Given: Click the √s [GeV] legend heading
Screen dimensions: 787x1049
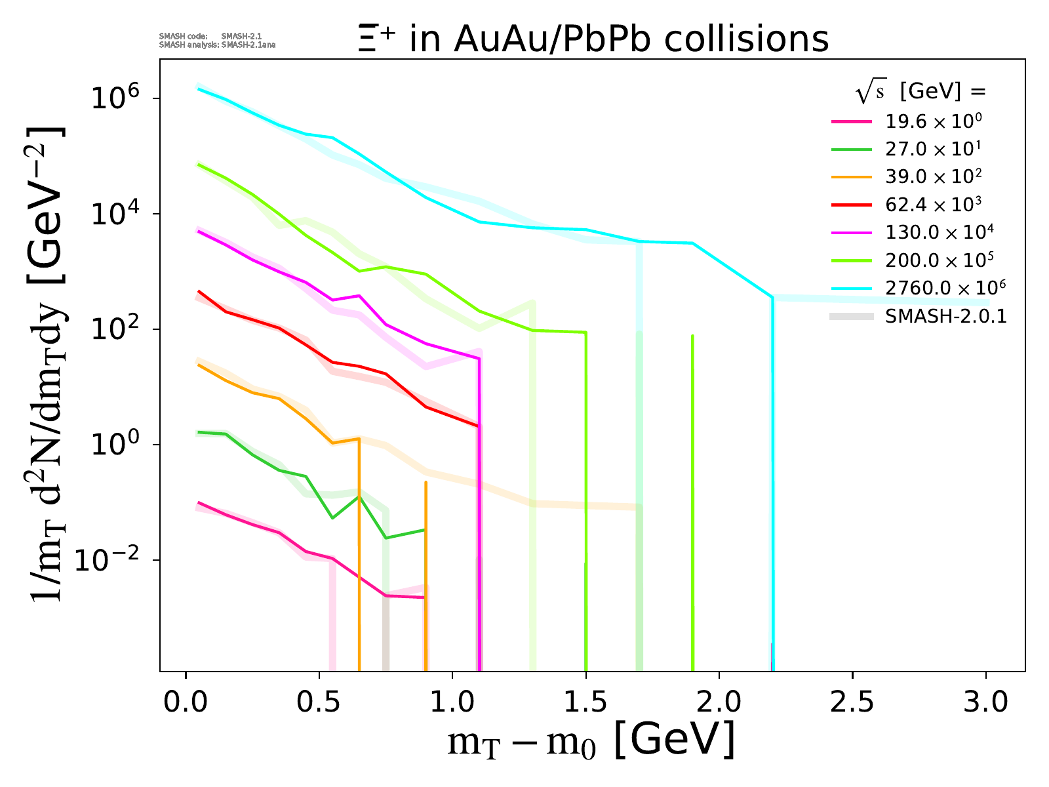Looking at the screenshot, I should [x=920, y=92].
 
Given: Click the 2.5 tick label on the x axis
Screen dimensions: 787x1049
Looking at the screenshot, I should [x=852, y=702].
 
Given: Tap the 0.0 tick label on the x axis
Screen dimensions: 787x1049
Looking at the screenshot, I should [x=186, y=702].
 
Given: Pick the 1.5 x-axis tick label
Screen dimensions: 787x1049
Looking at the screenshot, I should [x=585, y=702].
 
